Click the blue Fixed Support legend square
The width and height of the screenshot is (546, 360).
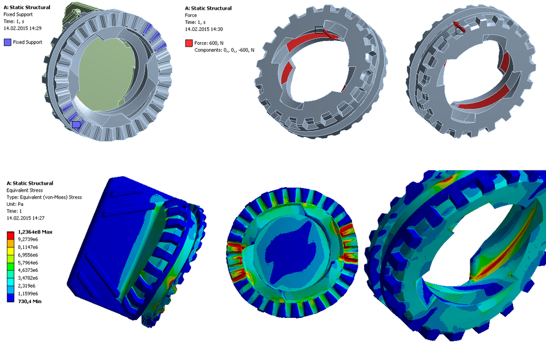pos(7,42)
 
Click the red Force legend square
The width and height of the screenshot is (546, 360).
pos(189,43)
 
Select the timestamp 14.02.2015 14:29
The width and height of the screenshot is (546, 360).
pos(27,28)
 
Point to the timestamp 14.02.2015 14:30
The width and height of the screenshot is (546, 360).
pos(208,28)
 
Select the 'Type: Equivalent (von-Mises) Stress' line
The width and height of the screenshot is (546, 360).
pos(44,197)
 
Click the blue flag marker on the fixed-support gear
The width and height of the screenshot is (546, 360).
pos(76,124)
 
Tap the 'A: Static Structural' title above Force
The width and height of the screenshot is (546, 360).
pos(208,8)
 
